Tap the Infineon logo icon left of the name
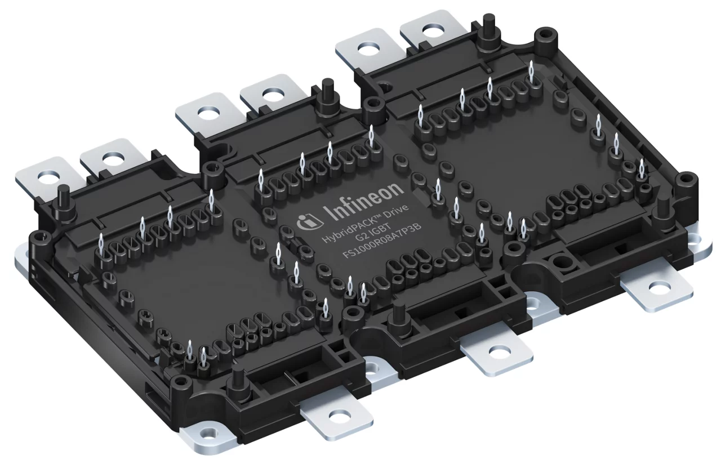pyautogui.click(x=308, y=224)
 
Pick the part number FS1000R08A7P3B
pyautogui.click(x=382, y=244)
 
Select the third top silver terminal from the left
pyautogui.click(x=203, y=111)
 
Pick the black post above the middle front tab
pyautogui.click(x=399, y=312)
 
